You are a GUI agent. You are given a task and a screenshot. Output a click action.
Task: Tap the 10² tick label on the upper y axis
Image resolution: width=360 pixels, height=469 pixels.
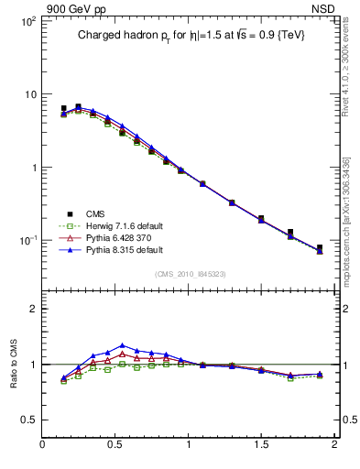click(27, 21)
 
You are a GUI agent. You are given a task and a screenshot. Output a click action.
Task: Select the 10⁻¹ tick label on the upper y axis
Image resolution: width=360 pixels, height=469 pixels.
click(27, 240)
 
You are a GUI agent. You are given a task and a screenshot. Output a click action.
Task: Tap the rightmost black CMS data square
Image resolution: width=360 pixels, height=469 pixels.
click(320, 247)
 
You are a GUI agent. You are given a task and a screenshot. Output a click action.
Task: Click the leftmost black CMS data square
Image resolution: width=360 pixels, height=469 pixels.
click(63, 108)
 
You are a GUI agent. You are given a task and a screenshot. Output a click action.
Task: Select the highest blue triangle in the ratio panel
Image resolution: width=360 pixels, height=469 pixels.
click(122, 345)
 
